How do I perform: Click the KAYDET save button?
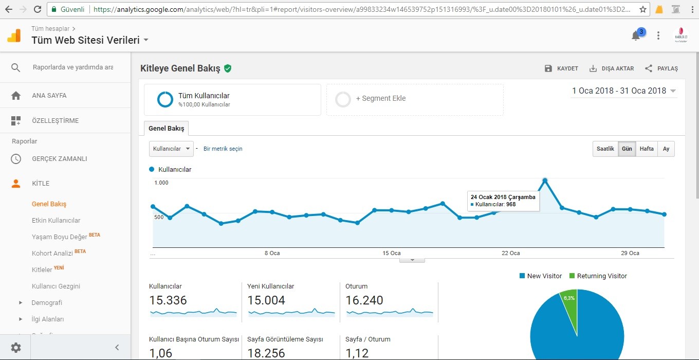click(561, 68)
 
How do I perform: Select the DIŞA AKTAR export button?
click(611, 68)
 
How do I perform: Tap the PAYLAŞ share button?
click(661, 68)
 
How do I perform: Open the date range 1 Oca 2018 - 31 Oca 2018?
click(623, 91)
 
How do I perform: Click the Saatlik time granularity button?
click(605, 149)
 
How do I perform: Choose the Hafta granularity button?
click(646, 149)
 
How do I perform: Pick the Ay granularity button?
click(666, 149)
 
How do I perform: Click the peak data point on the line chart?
click(545, 181)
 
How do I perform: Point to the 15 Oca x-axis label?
click(391, 253)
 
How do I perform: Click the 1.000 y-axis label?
click(161, 183)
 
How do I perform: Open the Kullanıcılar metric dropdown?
click(171, 149)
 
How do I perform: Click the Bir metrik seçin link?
click(223, 149)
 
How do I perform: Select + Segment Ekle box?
click(415, 100)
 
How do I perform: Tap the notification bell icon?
click(636, 35)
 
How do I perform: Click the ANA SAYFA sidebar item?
click(49, 95)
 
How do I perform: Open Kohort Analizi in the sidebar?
click(52, 253)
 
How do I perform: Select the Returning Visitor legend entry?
click(598, 276)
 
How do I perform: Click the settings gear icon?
click(15, 347)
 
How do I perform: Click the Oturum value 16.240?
click(364, 300)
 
